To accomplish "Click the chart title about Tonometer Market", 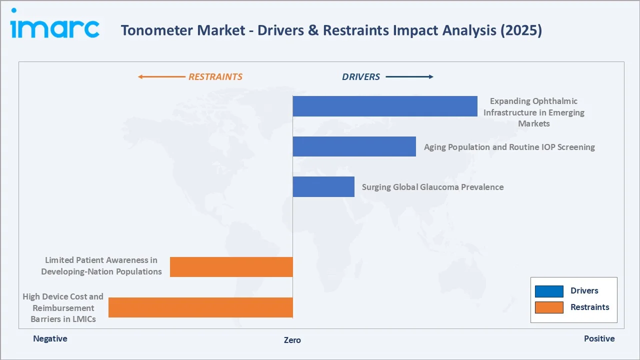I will click(331, 30).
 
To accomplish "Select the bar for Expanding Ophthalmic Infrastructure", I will click(385, 106).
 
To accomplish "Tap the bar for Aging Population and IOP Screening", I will click(354, 146).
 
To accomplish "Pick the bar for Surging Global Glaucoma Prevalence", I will click(323, 186).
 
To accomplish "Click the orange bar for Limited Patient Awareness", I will click(231, 267).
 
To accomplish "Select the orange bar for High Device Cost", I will click(200, 307).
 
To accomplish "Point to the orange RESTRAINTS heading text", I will click(215, 77).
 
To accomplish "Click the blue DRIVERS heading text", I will click(361, 77).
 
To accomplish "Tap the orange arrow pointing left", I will click(161, 77).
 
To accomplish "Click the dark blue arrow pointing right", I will click(409, 77).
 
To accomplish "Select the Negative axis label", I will click(50, 338).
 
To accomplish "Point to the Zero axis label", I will click(292, 340).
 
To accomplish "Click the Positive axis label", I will click(599, 338).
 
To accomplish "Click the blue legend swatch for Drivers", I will click(549, 291).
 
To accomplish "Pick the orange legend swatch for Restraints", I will click(549, 307).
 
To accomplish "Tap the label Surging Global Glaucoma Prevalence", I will click(432, 187).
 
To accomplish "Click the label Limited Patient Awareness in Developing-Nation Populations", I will click(101, 266).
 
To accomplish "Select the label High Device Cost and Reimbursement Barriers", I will click(63, 307).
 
